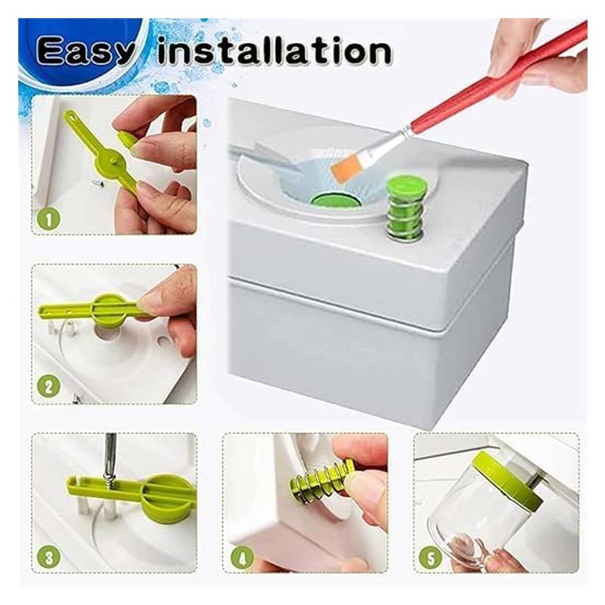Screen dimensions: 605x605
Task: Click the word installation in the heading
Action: click(275, 50)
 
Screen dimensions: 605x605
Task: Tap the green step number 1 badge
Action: click(48, 219)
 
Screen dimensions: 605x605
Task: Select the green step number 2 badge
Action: click(48, 386)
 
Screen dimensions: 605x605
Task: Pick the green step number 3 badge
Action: click(48, 558)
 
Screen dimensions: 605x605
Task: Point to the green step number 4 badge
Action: click(242, 558)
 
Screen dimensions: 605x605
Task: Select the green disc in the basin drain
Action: click(335, 200)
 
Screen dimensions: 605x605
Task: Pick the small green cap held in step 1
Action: click(127, 139)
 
